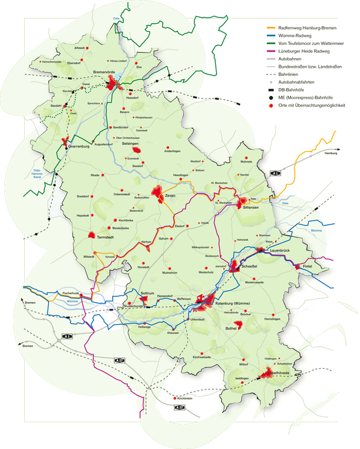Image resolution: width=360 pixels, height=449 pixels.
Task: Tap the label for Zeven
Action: pyautogui.click(x=171, y=196)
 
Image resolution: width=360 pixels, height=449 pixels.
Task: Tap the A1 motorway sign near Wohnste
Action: pyautogui.click(x=275, y=172)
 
